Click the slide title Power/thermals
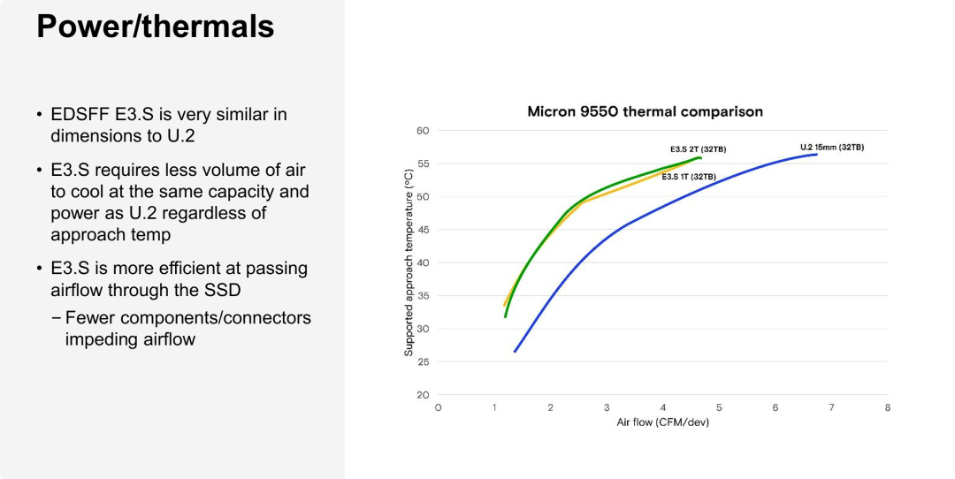tap(155, 27)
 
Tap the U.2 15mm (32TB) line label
tap(831, 147)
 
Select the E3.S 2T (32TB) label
tap(698, 149)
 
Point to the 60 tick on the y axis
tap(422, 131)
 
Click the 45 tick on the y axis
tap(422, 230)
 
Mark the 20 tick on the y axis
tap(422, 395)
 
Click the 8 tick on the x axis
tap(887, 407)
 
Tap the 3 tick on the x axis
tap(607, 407)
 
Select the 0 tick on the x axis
tap(438, 407)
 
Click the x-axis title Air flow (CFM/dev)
tap(662, 422)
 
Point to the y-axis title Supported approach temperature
tap(409, 262)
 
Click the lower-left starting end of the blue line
tap(515, 352)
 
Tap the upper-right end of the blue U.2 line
tap(816, 155)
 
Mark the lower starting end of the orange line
tap(504, 305)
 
